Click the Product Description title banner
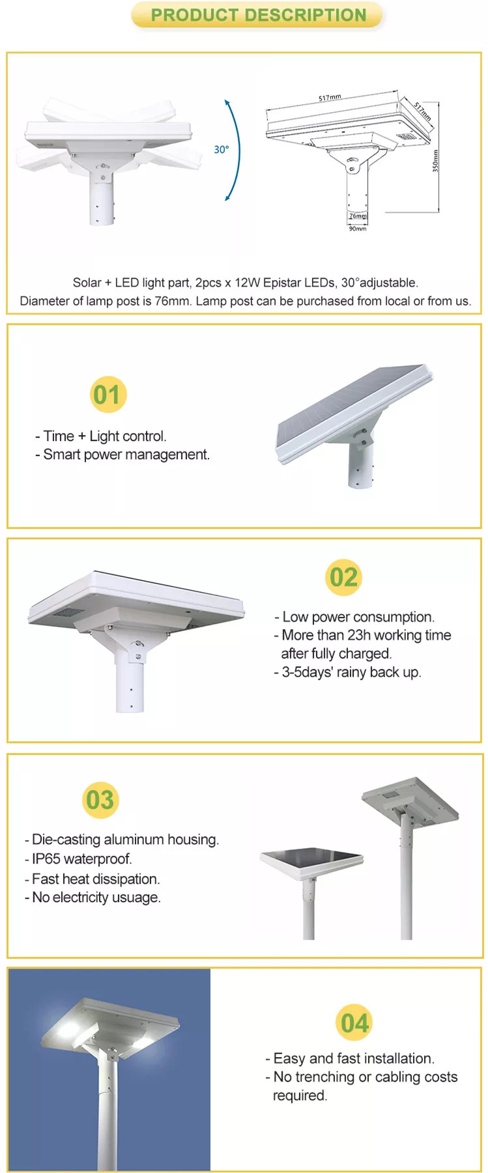(258, 15)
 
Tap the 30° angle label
(222, 150)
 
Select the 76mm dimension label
(358, 216)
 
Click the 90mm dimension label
(358, 229)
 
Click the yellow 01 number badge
(108, 395)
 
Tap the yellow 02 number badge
(343, 577)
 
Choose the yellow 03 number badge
(100, 800)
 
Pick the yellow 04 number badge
(354, 1023)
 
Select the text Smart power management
(126, 455)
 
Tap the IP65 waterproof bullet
(78, 859)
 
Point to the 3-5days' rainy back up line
(348, 672)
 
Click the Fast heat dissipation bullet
(92, 879)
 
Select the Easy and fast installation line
(350, 1058)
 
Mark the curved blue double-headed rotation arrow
(236, 150)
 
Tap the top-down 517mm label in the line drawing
(422, 111)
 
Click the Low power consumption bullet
(354, 617)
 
